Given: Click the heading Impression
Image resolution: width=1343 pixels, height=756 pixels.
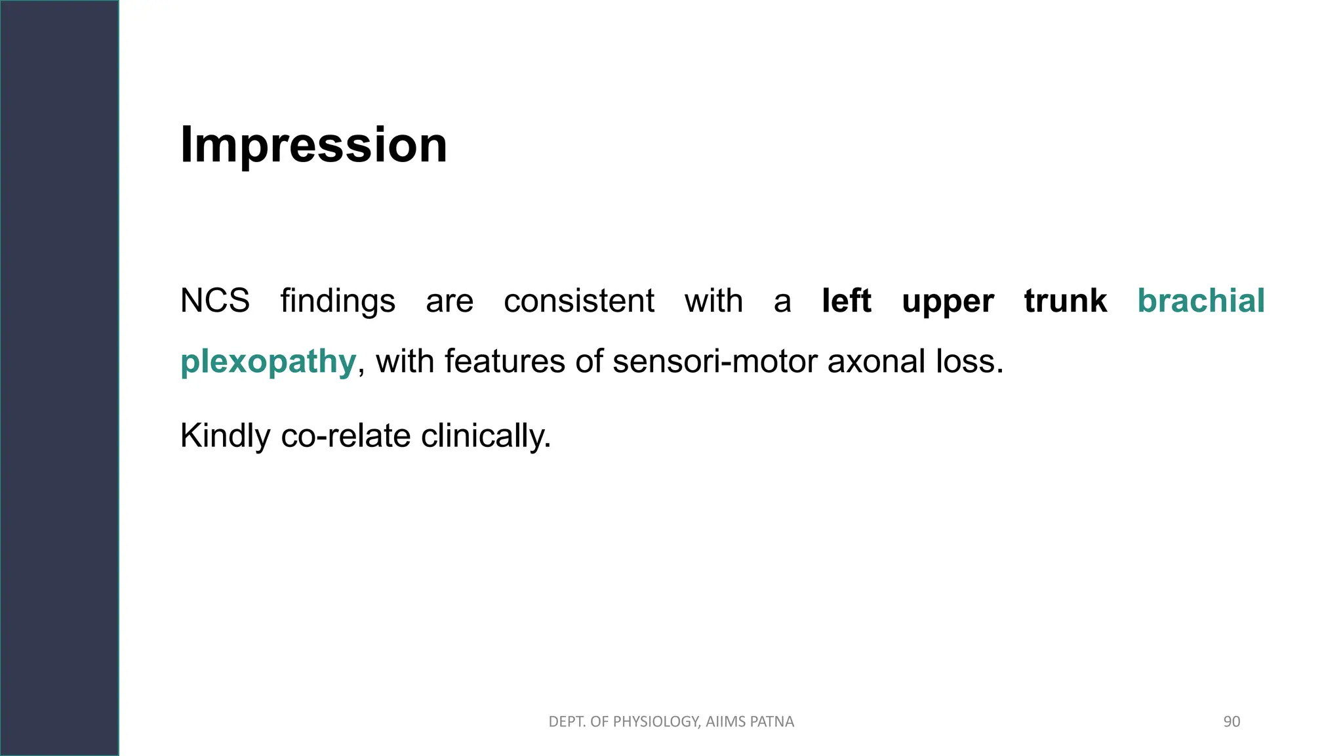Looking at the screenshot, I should coord(313,145).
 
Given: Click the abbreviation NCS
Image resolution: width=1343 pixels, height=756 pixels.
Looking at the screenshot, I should coord(215,301).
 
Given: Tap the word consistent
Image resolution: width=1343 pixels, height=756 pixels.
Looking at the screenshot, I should coord(578,301).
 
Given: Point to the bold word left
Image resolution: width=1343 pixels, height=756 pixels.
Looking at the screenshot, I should coord(846,301).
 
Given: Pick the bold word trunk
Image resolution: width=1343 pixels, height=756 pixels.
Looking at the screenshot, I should coord(1066,301).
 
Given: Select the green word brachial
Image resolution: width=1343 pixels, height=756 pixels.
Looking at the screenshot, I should coord(1201,301).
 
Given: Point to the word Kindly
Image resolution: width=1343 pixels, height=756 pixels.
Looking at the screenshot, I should coord(225,436).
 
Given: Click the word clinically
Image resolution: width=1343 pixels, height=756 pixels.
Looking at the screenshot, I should coord(485,436).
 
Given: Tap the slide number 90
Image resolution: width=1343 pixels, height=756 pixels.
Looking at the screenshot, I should coord(1232,722).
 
